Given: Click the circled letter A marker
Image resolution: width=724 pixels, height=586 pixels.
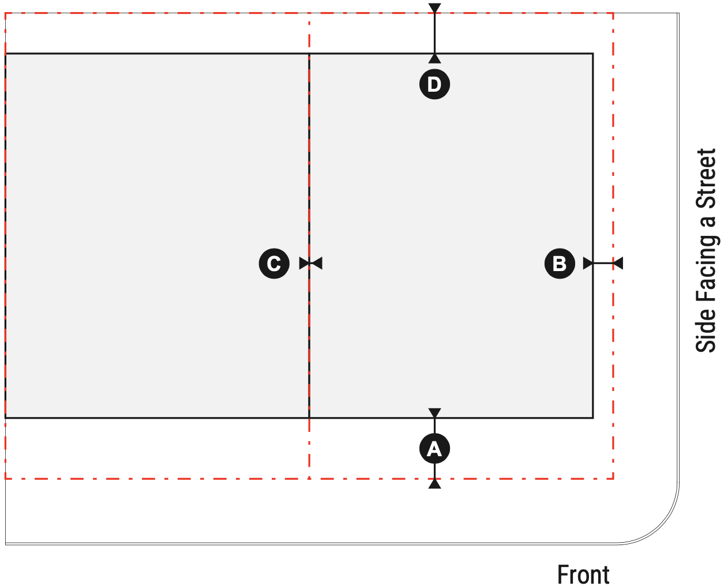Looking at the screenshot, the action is click(x=434, y=448).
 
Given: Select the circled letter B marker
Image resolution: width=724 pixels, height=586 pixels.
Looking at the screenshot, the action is click(x=560, y=263).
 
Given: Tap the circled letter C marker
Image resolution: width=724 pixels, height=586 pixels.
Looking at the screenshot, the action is click(x=274, y=263).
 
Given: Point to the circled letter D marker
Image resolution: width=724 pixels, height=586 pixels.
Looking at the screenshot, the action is click(x=434, y=84).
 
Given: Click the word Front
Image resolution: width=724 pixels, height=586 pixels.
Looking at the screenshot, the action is click(x=583, y=574).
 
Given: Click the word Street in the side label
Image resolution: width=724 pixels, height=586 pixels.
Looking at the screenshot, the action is click(x=706, y=178).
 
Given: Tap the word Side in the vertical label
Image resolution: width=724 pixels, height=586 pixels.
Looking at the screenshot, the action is click(x=706, y=330).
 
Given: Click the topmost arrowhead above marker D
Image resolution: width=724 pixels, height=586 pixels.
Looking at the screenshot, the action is click(x=434, y=8).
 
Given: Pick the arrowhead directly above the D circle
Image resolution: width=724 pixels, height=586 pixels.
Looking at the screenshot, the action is click(x=434, y=58).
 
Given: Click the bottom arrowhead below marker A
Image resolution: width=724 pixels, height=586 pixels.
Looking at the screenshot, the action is click(x=434, y=483).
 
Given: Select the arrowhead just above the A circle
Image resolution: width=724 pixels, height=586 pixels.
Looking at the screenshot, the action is click(x=434, y=413).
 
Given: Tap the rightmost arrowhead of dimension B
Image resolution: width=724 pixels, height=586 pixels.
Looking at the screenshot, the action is click(x=618, y=263).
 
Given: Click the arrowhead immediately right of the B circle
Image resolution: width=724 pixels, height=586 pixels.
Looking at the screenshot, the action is click(x=588, y=263).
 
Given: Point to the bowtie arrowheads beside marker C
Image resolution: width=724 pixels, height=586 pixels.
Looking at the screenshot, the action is click(x=311, y=263).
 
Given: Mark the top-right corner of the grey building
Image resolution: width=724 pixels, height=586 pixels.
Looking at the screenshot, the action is click(x=593, y=54).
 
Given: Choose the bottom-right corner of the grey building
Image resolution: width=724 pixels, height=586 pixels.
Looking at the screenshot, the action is click(x=593, y=418).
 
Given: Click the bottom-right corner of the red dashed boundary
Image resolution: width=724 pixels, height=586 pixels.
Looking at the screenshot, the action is click(x=613, y=479).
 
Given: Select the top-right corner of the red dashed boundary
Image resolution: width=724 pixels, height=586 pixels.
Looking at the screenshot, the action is click(x=613, y=13).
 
